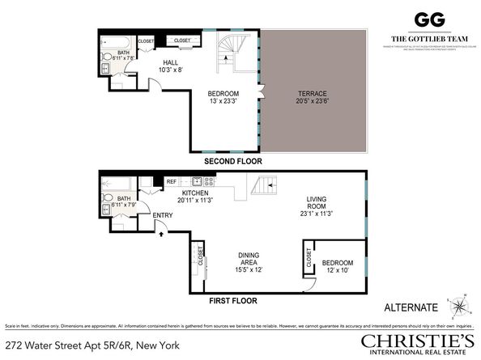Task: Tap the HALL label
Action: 170,61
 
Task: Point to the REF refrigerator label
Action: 172,182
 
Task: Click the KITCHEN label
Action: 196,193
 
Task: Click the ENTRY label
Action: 163,214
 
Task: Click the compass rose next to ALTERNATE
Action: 459,307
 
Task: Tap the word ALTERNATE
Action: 411,307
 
